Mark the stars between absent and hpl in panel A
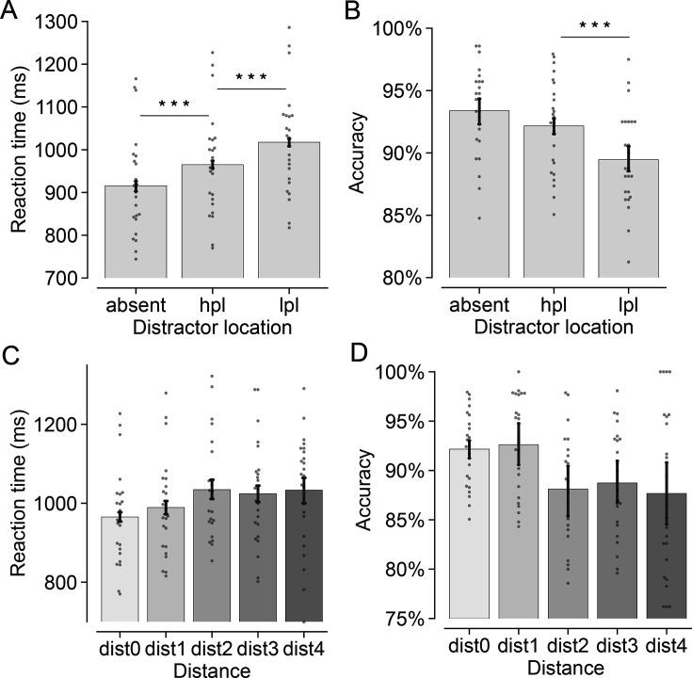pos(174,105)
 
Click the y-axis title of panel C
pos(17,492)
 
